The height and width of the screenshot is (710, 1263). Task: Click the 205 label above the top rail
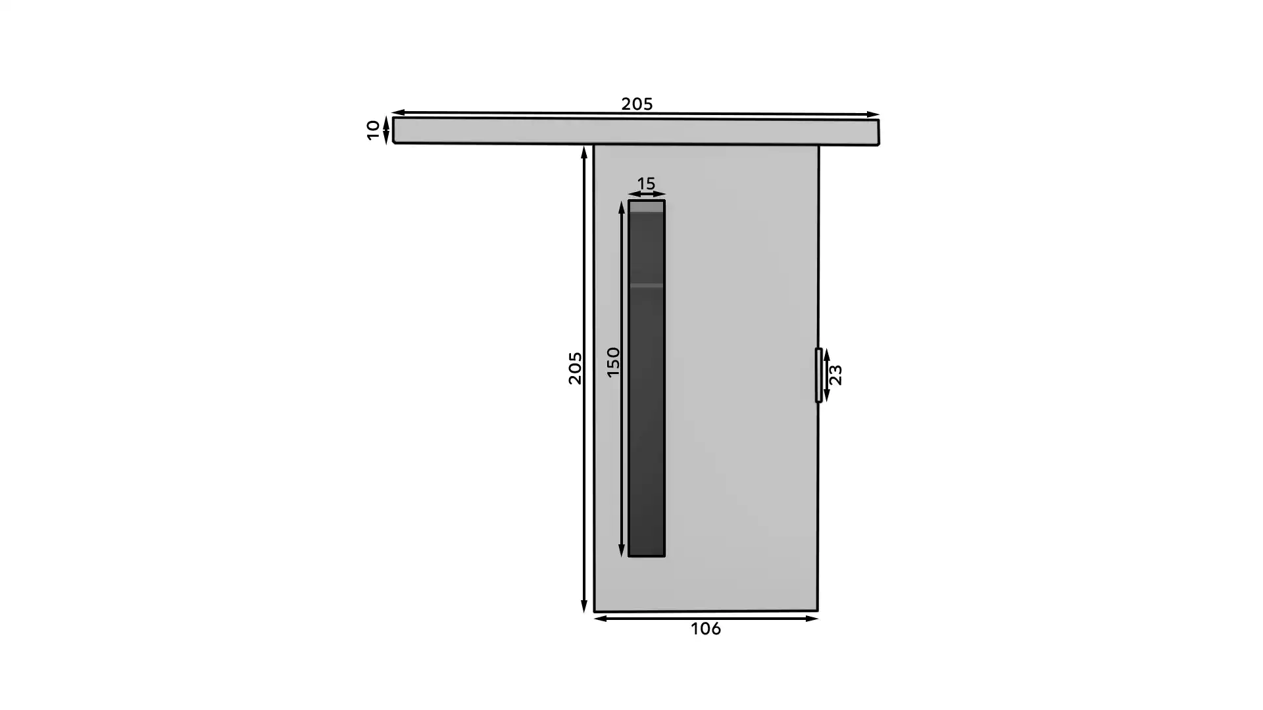coord(637,104)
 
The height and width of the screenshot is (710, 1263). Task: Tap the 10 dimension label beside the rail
coord(373,130)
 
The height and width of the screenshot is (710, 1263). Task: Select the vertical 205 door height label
coord(575,368)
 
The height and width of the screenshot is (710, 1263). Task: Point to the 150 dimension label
coord(613,362)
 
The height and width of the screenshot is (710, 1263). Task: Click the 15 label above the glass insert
coord(646,183)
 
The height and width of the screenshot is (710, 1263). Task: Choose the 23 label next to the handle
coord(835,375)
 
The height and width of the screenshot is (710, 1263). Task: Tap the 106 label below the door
coord(705,629)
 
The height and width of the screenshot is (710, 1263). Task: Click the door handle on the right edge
coord(818,375)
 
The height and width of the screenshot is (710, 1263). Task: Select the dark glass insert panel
coord(647,379)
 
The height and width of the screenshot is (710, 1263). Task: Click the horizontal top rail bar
coord(635,131)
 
